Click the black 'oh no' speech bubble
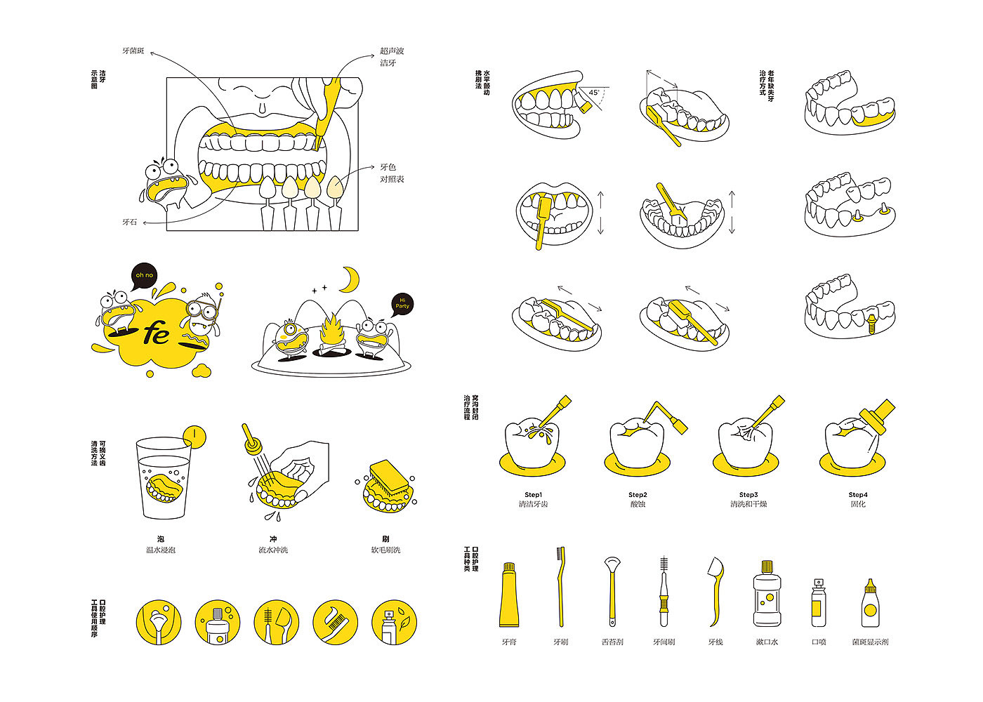[x=145, y=276]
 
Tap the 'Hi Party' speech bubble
[x=403, y=303]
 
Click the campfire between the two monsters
[x=331, y=333]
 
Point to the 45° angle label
[x=594, y=93]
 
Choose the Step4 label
[x=857, y=495]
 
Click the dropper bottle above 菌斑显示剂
[x=871, y=604]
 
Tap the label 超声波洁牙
[x=392, y=57]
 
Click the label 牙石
[x=130, y=223]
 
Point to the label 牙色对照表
[x=392, y=173]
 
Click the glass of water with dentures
[x=164, y=477]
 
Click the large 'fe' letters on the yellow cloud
[x=156, y=334]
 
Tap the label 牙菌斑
[x=133, y=51]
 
